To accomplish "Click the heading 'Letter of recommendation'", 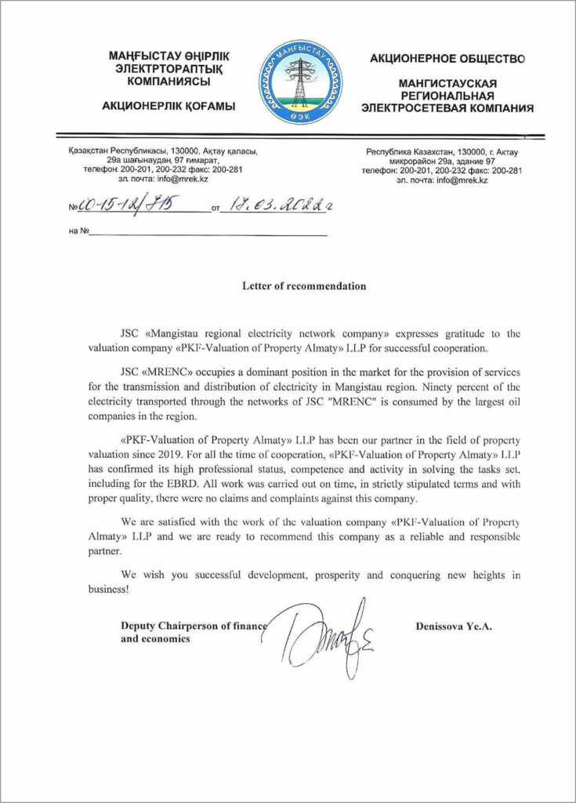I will [x=303, y=286].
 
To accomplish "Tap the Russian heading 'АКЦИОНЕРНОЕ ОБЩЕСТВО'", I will [x=447, y=59].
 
